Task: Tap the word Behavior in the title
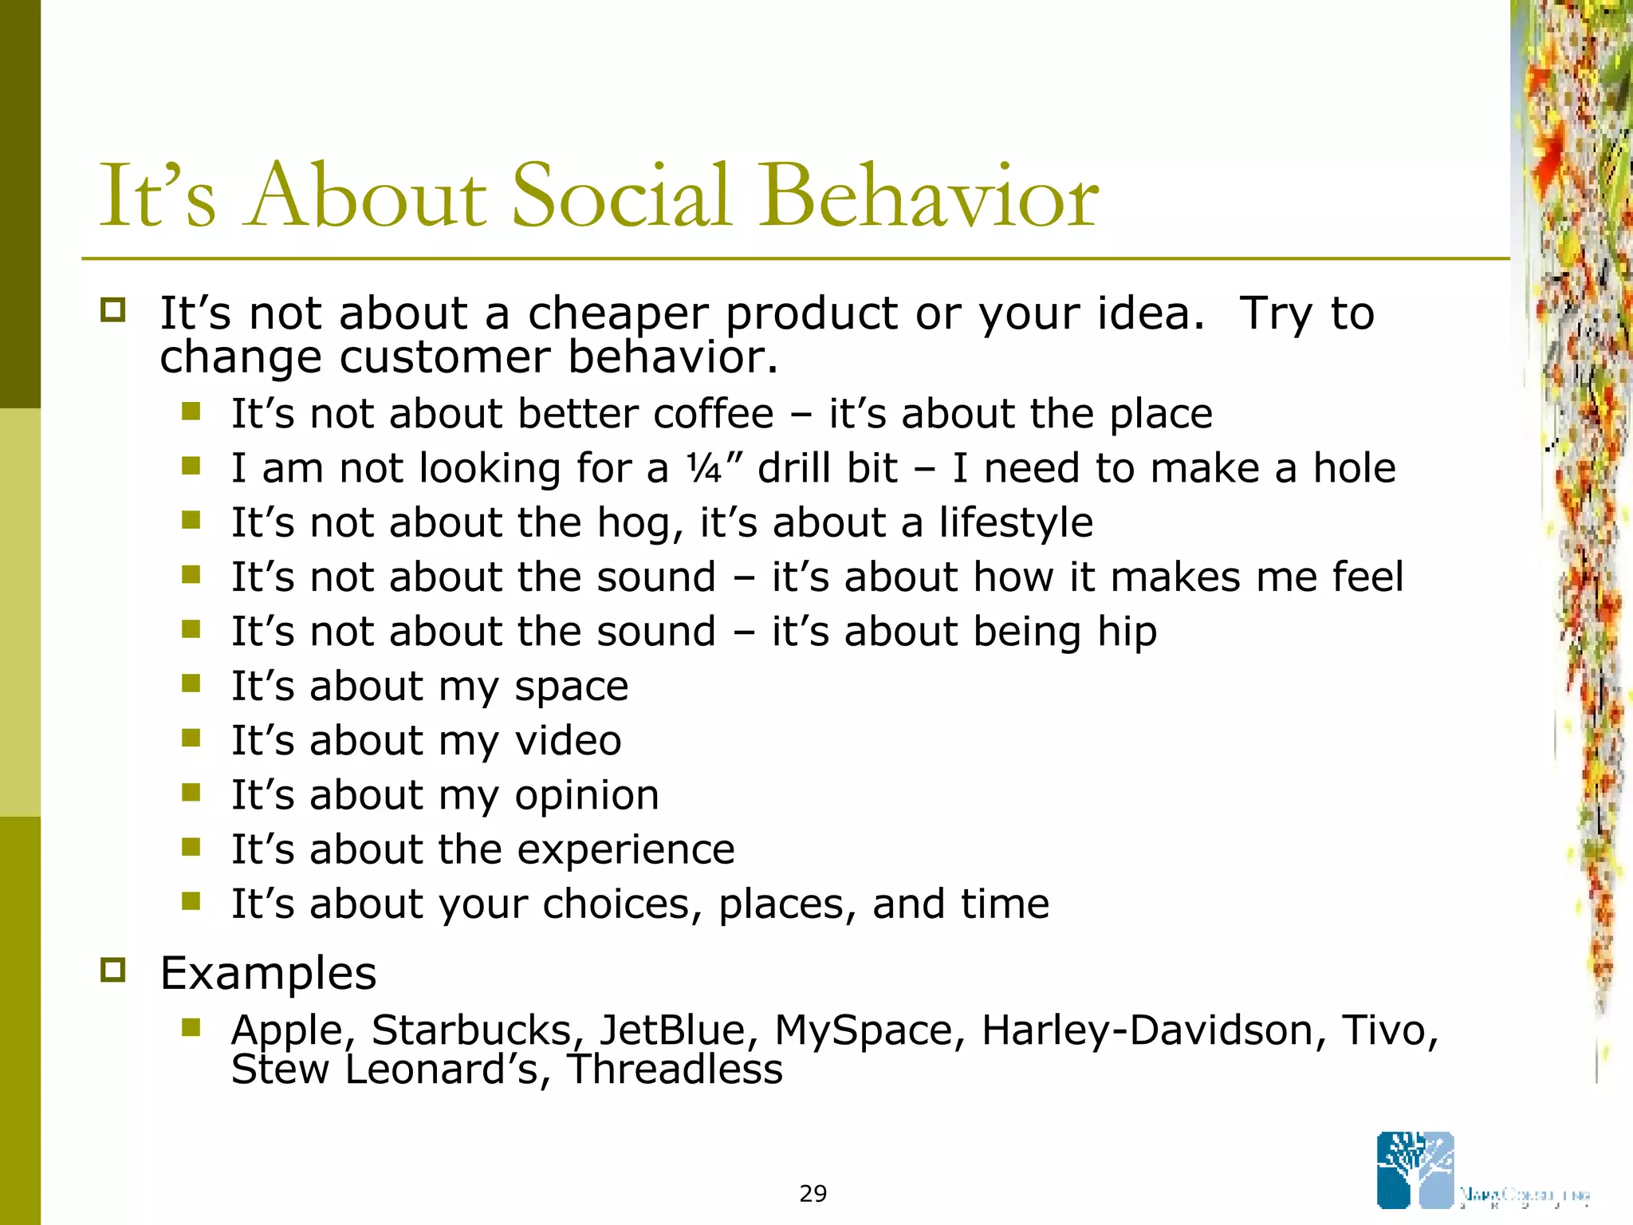click(928, 196)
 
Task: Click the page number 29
click(813, 1193)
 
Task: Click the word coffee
click(714, 414)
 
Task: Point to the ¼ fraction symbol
click(704, 469)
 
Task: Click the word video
click(568, 741)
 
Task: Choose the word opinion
click(587, 796)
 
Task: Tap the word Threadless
click(675, 1069)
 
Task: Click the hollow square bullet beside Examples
click(113, 971)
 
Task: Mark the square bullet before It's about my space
click(191, 683)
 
